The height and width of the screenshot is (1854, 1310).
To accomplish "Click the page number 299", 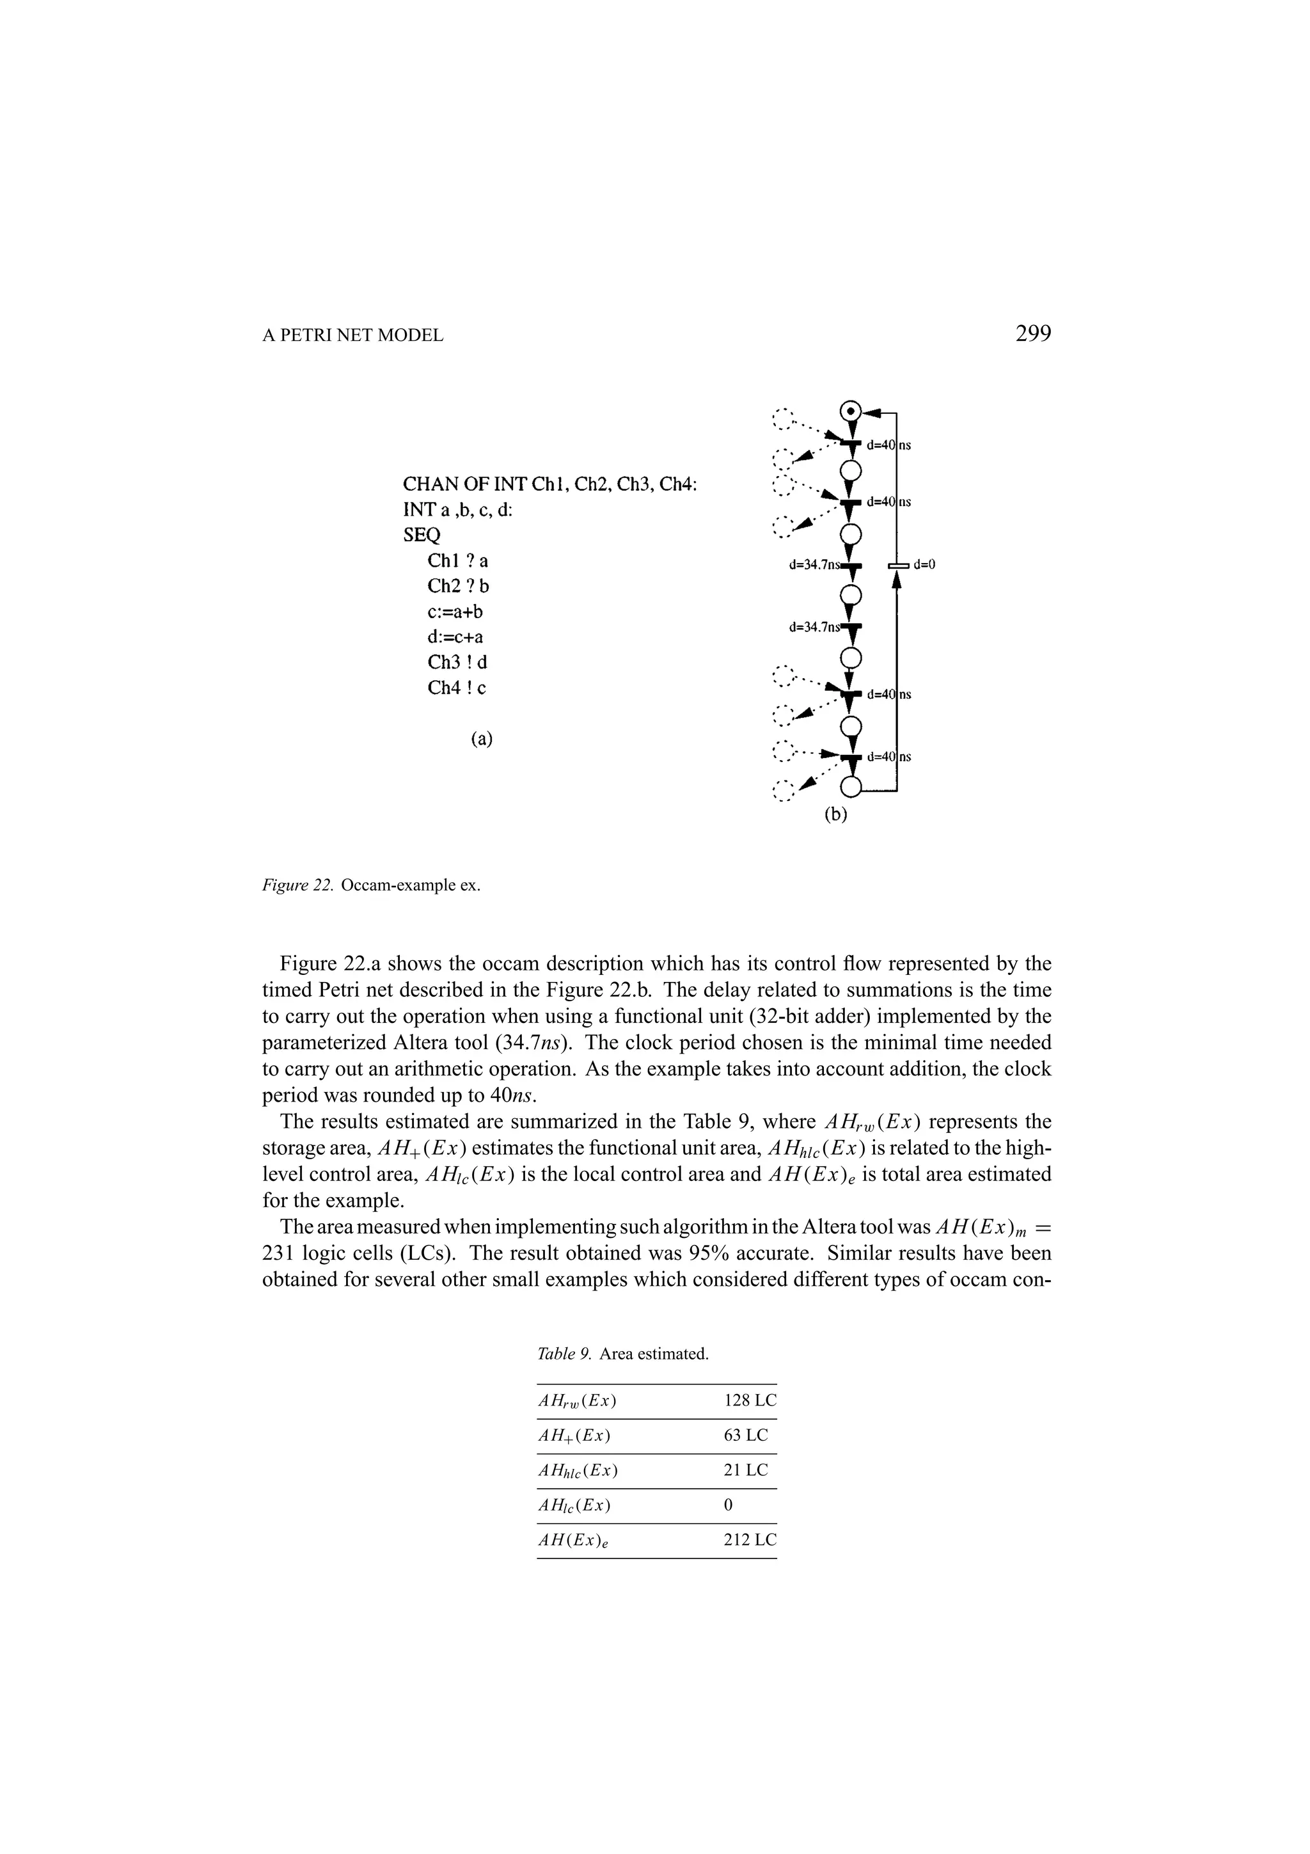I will (x=1032, y=333).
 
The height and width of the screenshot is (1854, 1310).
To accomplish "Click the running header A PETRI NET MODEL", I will (x=352, y=335).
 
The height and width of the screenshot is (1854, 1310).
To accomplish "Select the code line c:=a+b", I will (x=455, y=610).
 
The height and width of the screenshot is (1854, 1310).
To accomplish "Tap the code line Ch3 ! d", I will (x=457, y=662).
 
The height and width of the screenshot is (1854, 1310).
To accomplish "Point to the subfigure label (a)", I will (x=481, y=738).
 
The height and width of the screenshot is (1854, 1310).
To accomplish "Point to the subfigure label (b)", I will (x=835, y=815).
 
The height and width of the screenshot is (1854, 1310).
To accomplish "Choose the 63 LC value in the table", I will (x=746, y=1436).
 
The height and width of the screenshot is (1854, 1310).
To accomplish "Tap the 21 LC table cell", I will (x=746, y=1470).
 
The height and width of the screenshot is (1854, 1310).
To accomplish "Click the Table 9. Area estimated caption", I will (x=622, y=1353).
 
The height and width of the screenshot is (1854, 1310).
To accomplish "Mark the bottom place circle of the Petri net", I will (x=851, y=786).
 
